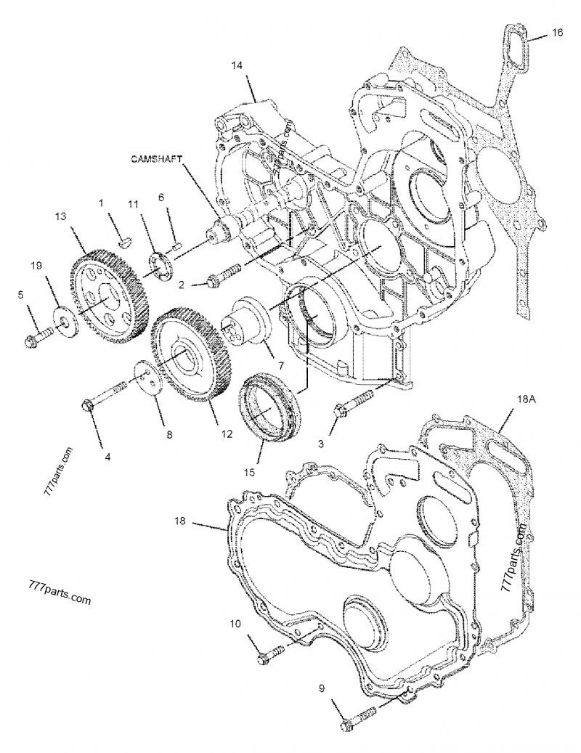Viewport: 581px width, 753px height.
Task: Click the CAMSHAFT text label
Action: [157, 158]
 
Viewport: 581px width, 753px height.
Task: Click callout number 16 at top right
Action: [556, 33]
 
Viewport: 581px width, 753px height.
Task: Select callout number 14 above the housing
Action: [237, 65]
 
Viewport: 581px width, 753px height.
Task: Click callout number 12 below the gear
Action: [227, 434]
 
